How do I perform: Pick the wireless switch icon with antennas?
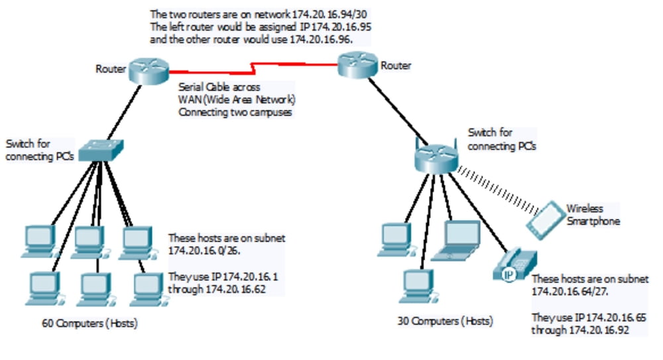pyautogui.click(x=436, y=157)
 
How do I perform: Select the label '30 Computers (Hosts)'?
pyautogui.click(x=446, y=322)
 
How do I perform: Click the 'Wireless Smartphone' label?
pyautogui.click(x=593, y=215)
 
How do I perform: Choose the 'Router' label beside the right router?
pyautogui.click(x=396, y=66)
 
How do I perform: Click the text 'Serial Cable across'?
pyautogui.click(x=219, y=88)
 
